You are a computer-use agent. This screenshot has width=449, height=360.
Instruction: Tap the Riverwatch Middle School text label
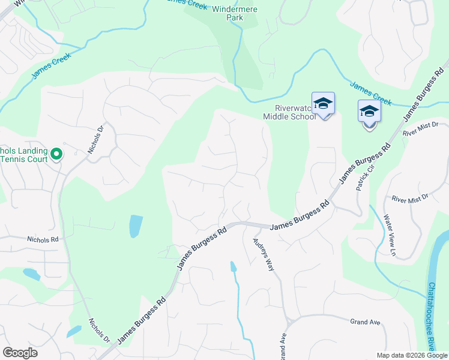(x=291, y=113)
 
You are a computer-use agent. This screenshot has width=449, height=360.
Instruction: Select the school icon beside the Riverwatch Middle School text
(x=323, y=105)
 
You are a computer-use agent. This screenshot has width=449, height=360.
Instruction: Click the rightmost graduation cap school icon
(x=369, y=112)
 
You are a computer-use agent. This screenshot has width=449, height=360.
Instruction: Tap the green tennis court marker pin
(x=56, y=155)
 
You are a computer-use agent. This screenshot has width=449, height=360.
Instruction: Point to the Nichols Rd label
(x=43, y=239)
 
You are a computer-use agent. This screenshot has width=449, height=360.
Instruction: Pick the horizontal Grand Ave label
(x=366, y=322)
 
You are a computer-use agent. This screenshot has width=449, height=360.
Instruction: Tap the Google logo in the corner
(x=20, y=353)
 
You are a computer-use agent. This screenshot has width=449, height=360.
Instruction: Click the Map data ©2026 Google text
(x=411, y=355)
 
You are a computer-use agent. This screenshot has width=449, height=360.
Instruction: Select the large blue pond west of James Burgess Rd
(x=136, y=226)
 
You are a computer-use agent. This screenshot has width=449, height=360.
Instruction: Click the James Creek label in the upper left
(x=52, y=65)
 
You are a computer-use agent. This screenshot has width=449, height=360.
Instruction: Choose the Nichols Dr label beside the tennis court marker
(x=96, y=139)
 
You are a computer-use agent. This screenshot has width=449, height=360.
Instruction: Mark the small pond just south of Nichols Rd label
(x=31, y=274)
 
